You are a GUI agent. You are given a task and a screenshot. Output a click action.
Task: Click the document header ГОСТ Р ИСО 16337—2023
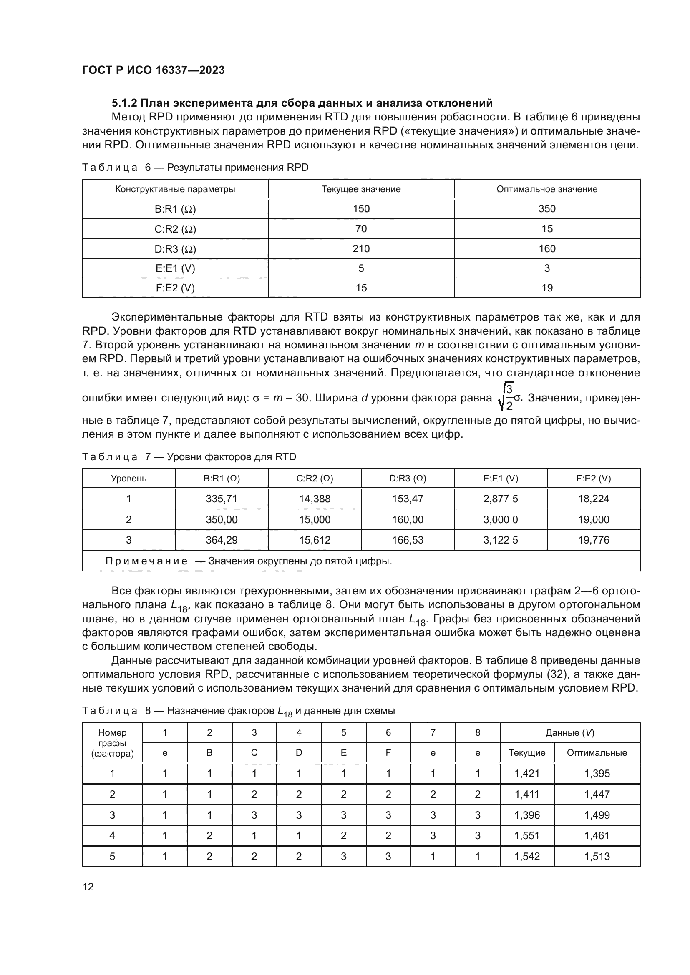pos(154,70)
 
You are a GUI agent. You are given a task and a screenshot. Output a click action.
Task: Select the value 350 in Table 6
pos(547,209)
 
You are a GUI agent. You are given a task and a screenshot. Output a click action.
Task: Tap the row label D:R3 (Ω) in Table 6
pos(175,249)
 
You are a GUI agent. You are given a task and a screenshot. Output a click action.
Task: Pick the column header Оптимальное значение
pos(547,189)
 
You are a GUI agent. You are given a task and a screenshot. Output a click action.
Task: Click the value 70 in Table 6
pos(361,229)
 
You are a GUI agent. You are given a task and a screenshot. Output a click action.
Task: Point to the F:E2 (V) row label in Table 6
pos(175,288)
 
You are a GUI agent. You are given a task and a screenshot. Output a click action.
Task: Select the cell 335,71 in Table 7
pos(222,499)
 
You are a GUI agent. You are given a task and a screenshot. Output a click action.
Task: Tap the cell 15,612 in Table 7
pos(315,540)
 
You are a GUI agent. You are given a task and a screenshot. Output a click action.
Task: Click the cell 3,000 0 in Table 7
pos(501,520)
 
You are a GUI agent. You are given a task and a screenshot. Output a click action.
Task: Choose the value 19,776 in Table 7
pos(594,540)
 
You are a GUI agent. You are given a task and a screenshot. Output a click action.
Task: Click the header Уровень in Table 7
pos(129,479)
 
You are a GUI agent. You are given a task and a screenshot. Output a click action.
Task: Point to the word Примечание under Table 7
pos(146,561)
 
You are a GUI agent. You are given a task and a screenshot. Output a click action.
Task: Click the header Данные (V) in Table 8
pos(570,732)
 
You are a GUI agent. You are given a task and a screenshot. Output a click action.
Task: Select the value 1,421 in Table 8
pos(527,774)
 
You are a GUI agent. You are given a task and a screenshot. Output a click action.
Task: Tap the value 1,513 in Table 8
pos(597,857)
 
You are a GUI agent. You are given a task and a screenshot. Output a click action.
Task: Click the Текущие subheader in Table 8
pos(527,753)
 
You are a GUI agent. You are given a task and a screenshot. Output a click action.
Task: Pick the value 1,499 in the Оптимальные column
pos(597,815)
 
